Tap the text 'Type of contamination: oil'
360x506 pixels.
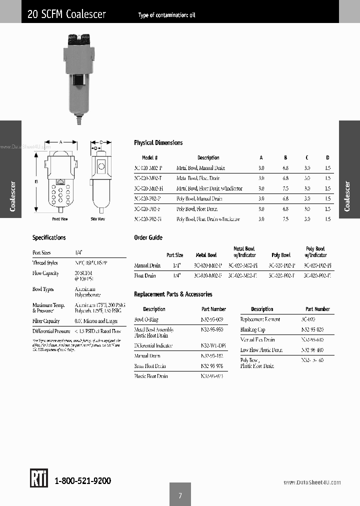coord(166,15)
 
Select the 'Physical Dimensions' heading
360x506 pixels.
coord(158,142)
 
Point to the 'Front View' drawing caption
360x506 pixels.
coord(60,219)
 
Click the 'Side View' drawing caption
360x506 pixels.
coord(97,219)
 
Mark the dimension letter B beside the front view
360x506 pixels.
coord(36,182)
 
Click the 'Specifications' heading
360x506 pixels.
coord(49,237)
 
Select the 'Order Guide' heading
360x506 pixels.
coord(148,237)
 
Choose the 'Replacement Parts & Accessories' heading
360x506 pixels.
coord(173,294)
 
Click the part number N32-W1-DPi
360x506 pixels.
coord(212,345)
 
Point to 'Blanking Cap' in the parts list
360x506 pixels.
coord(252,329)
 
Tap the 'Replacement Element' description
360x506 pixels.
coord(260,319)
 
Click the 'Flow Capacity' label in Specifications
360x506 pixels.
coord(45,273)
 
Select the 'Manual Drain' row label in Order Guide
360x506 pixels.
coord(147,265)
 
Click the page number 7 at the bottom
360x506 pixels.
coord(180,495)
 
